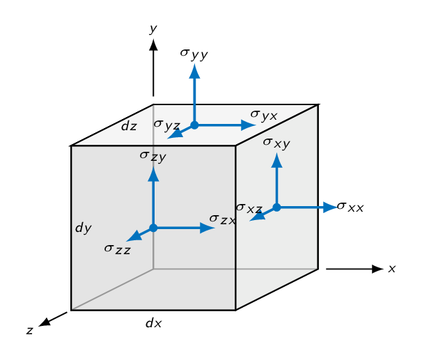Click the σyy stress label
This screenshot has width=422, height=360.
[x=194, y=54]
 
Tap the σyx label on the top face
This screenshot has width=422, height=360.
[x=264, y=116]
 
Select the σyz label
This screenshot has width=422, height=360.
[x=167, y=125]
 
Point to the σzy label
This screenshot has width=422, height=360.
[x=153, y=156]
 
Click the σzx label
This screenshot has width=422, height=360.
[x=223, y=219]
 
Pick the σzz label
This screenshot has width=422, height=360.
[x=118, y=249]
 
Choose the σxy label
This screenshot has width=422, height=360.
[x=276, y=143]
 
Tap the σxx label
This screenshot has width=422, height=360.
[x=350, y=207]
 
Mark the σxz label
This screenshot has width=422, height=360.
[x=249, y=208]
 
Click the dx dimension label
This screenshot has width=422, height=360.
[x=153, y=322]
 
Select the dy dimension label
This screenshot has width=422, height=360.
[x=83, y=228]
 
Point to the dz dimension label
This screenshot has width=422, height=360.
[x=129, y=125]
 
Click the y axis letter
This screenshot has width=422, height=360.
[x=153, y=29]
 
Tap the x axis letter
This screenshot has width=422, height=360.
[x=392, y=269]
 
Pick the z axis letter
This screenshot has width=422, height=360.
[x=30, y=330]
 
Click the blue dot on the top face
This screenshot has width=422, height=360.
[x=194, y=125]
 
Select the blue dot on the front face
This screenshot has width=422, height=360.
[x=153, y=228]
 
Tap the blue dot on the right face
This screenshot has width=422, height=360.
[x=276, y=208]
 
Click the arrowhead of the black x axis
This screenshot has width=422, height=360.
[x=378, y=269]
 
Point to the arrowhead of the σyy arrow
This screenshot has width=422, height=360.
[x=194, y=72]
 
